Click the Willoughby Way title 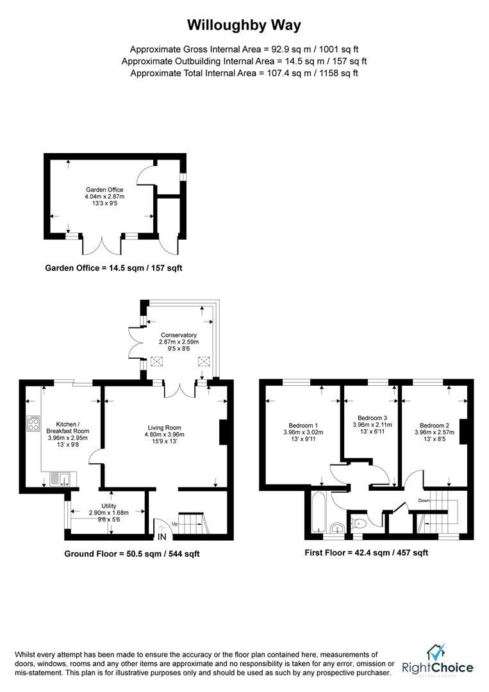244,25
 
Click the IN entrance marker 162,537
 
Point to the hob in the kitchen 33,424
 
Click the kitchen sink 60,479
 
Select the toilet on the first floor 358,523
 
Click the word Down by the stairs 424,500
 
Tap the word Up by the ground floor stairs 175,523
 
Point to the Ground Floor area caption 132,554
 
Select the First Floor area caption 367,552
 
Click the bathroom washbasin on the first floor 338,528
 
